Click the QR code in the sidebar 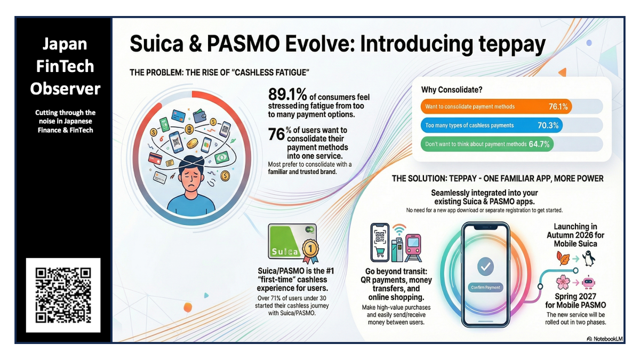63,295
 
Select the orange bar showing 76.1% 496,106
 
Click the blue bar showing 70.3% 491,125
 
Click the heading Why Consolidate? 452,90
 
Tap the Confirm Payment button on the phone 485,287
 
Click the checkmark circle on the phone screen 485,265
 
